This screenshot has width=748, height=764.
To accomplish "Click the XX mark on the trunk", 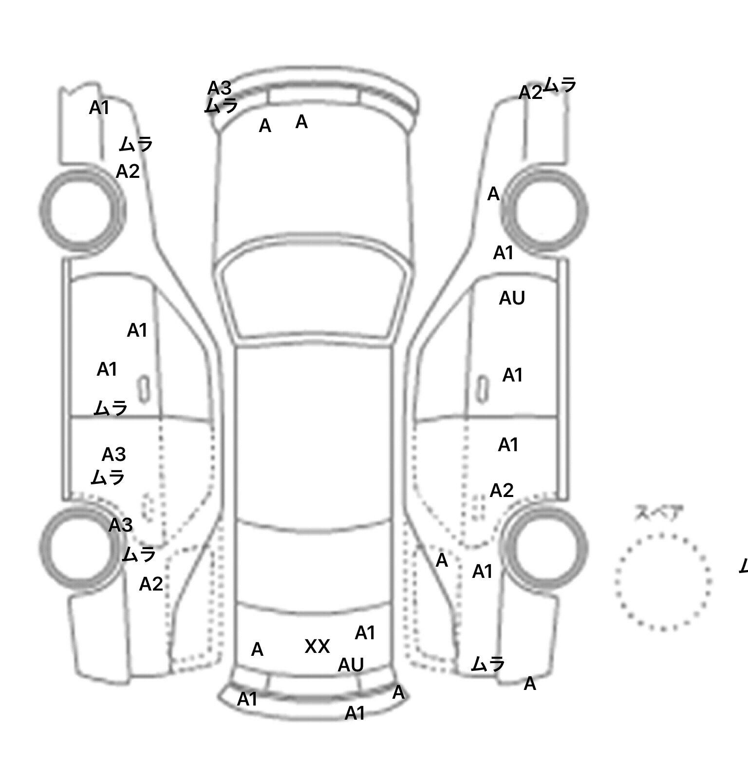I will tap(317, 647).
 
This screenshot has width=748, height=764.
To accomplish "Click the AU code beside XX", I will tap(351, 665).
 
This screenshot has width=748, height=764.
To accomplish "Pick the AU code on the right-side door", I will tap(512, 298).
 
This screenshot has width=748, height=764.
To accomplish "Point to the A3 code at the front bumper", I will tap(219, 88).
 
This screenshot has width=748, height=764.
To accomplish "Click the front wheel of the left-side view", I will tap(82, 210).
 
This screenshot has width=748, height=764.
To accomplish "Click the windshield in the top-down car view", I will tap(314, 292).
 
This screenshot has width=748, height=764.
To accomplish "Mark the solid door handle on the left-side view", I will tap(144, 389).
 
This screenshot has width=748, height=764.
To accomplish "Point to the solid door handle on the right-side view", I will tap(482, 389).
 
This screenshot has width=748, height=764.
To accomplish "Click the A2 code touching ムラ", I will tap(530, 93).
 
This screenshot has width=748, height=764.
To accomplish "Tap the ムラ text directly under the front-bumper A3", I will tap(221, 106).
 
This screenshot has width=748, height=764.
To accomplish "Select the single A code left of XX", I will tap(257, 649).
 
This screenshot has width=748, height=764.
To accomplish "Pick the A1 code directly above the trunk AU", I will tap(365, 633).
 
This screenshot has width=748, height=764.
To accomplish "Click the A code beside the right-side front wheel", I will tap(493, 194).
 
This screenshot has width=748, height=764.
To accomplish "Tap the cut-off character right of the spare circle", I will tap(744, 566).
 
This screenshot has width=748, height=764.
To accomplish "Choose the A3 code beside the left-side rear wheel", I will tap(120, 525).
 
